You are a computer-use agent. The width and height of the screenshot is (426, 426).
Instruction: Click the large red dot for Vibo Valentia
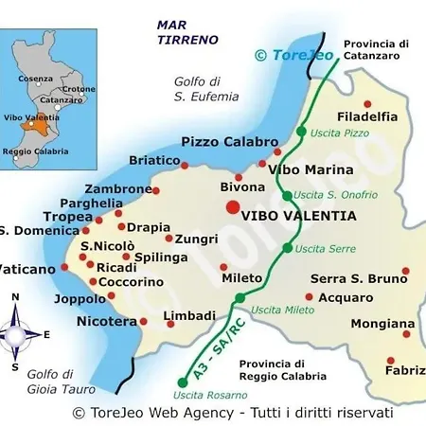pos(232,207)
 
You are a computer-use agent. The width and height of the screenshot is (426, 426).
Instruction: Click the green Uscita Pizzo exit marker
pos(301,131)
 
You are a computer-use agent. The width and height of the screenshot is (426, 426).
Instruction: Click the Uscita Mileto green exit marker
pos(240,298)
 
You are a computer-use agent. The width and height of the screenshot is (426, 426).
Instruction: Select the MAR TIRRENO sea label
pos(188,32)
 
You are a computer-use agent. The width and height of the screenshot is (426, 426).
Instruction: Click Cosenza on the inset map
pos(35,79)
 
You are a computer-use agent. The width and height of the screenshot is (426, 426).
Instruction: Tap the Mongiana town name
pos(382,324)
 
